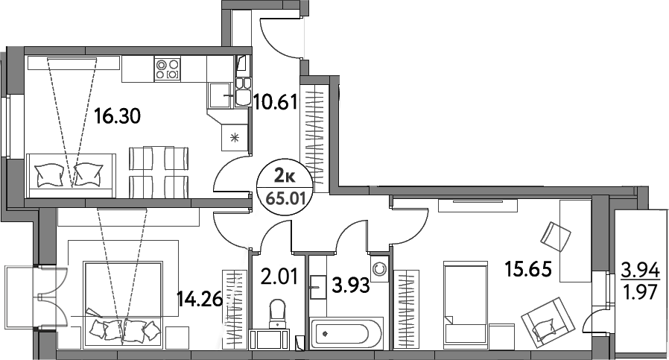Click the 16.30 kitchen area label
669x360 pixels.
coord(117,116)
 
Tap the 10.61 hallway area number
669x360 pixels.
coord(274,102)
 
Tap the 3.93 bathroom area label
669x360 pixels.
coord(350,285)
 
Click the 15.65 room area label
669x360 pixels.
coord(527,269)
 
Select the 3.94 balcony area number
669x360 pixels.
coord(641,271)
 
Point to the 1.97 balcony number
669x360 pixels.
coord(641,293)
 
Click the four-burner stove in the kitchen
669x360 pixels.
coord(167,69)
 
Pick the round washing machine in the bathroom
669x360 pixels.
coord(379,269)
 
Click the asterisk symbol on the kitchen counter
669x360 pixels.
coord(234,137)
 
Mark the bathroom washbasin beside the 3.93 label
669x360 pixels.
coord(317,287)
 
